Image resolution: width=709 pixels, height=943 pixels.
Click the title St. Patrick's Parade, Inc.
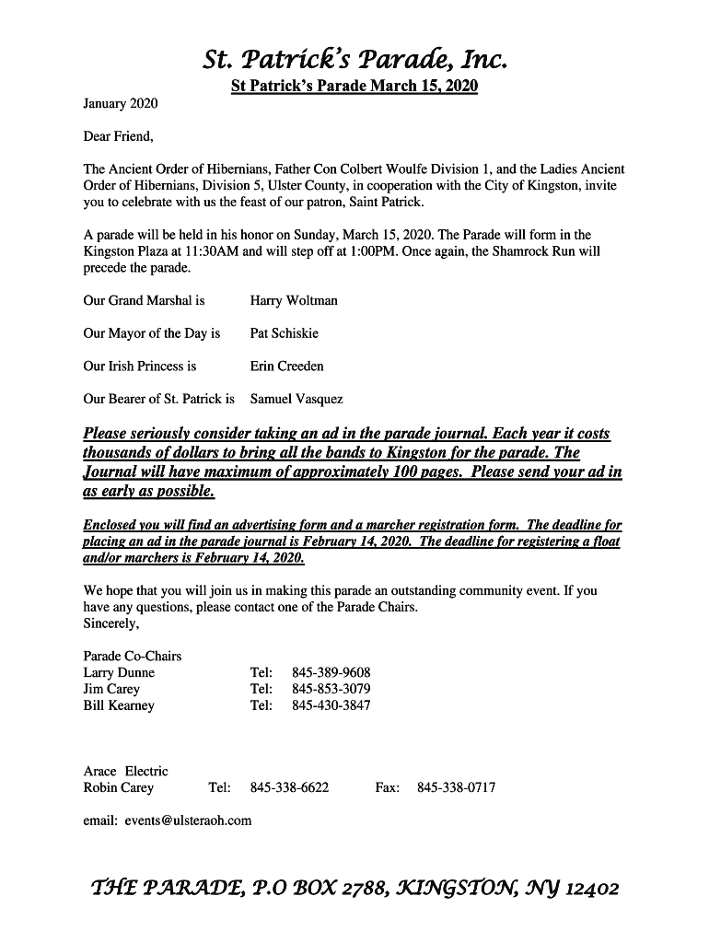coord(354,61)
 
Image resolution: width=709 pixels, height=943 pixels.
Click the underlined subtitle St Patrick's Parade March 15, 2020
coord(354,87)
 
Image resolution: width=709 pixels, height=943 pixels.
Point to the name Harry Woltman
coord(294,300)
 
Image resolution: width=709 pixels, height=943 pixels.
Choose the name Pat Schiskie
coord(285,333)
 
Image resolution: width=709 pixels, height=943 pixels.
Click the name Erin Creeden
coord(287,367)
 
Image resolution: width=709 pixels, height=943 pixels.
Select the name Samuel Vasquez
coord(296,400)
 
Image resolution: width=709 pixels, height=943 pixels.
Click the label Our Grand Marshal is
coord(144,300)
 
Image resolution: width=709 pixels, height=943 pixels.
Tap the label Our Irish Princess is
coord(140,367)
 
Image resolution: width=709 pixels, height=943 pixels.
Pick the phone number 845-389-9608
coord(331,673)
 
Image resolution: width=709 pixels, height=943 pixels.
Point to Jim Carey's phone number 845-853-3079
coord(331,690)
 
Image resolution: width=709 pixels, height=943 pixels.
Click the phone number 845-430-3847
coord(331,706)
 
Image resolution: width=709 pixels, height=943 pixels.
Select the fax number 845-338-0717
coord(457,788)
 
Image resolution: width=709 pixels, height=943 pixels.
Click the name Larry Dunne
coord(119,673)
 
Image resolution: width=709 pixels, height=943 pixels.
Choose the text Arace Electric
coord(126,772)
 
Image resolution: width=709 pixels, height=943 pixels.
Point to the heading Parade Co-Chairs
coord(133,657)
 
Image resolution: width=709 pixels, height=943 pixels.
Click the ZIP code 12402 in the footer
coord(592,890)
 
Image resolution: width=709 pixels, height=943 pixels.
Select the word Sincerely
coord(111,623)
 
